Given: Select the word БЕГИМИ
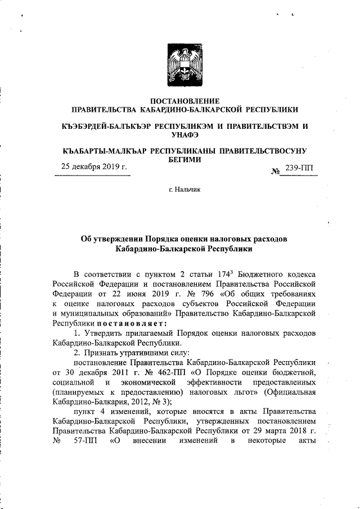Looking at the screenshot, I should pyautogui.click(x=183, y=160).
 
